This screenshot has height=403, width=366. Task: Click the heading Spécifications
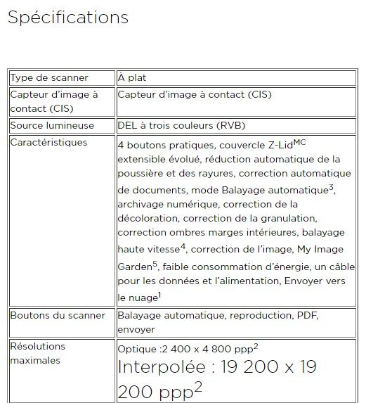pos(68,18)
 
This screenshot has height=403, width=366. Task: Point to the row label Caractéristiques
pos(48,143)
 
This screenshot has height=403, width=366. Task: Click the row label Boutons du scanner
pos(58,315)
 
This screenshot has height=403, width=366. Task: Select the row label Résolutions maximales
pos(37,353)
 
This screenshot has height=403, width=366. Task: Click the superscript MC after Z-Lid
pos(300,142)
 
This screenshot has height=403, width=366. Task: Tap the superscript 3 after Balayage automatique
pos(330,187)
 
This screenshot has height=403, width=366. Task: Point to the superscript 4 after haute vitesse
pos(183,245)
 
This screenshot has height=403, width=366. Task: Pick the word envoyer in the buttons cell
pos(136,329)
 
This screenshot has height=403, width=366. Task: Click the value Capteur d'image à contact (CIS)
pos(195,94)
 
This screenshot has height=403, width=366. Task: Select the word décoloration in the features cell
pos(150,219)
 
